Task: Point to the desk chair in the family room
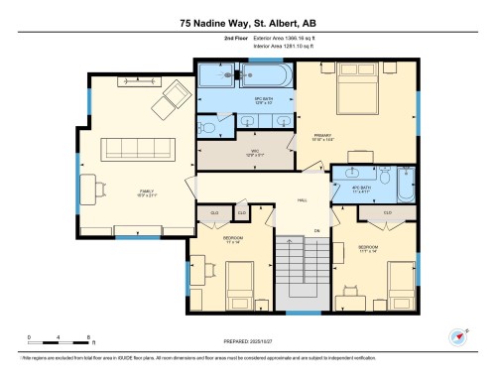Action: [x=101, y=185]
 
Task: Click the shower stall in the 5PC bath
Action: [x=212, y=75]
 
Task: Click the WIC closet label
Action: [x=255, y=152]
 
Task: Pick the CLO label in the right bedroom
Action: [x=387, y=213]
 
